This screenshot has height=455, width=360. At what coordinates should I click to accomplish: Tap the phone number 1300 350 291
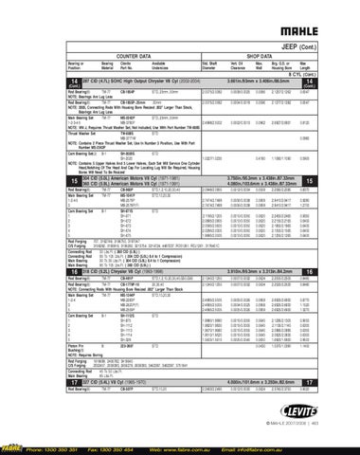67,448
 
